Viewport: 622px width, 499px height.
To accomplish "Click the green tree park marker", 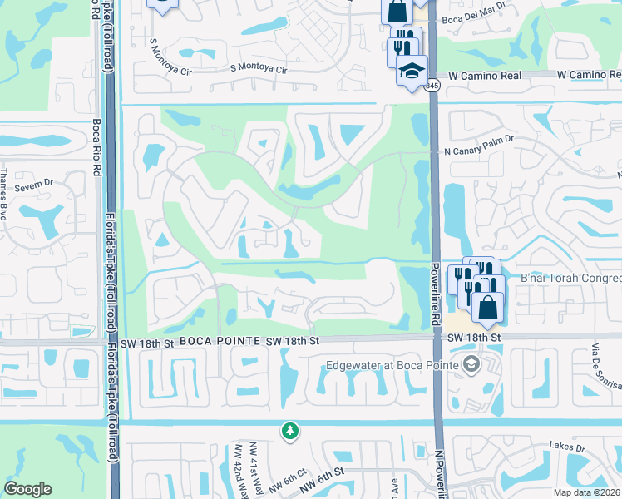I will [x=289, y=431].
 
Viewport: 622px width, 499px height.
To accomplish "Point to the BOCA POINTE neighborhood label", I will [x=210, y=341].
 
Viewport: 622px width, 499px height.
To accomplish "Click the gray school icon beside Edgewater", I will [x=472, y=364].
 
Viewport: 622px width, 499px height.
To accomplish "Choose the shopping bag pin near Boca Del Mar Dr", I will [x=397, y=11].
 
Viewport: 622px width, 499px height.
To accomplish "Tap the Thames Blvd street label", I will [x=5, y=195].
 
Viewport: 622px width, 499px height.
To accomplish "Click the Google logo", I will [x=27, y=489].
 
